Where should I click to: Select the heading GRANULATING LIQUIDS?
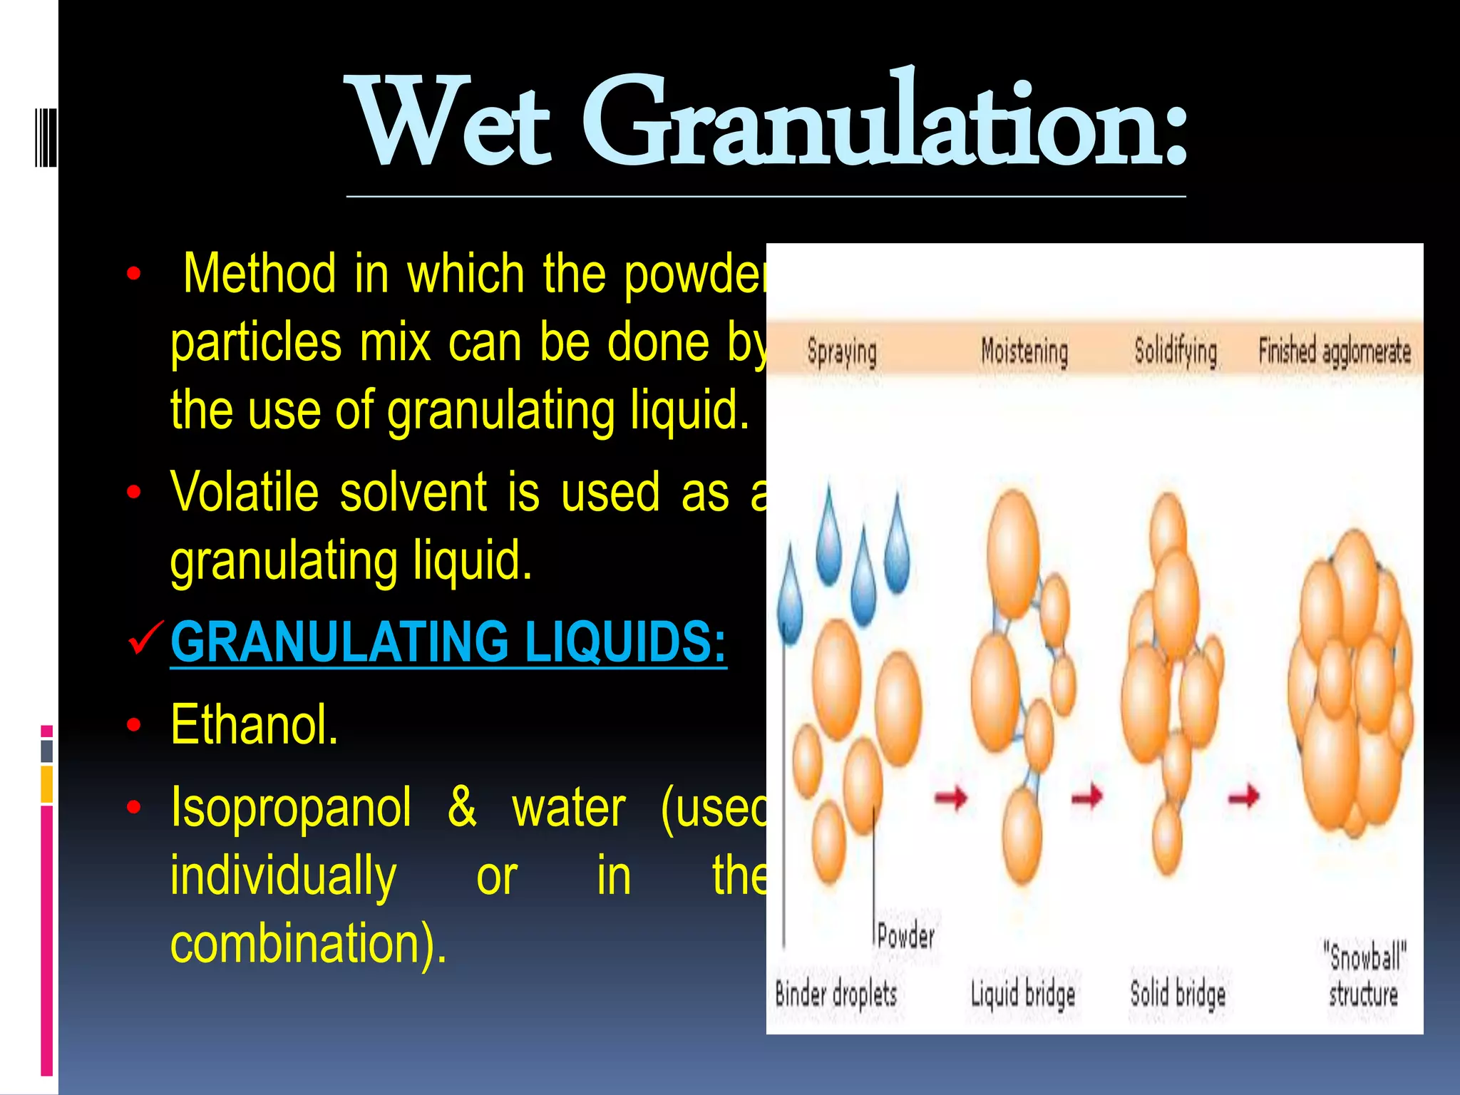[x=448, y=642]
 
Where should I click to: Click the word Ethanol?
[x=255, y=725]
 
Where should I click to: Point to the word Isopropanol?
[x=291, y=808]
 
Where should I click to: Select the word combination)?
[x=309, y=943]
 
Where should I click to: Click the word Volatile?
[x=244, y=492]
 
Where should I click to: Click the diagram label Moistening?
[x=1024, y=351]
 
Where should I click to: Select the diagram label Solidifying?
[x=1176, y=351]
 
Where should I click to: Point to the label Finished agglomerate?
[x=1335, y=351]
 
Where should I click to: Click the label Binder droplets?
[x=836, y=994]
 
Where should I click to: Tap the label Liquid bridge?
[x=1023, y=994]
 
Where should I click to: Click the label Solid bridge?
[x=1178, y=994]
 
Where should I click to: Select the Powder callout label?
[x=905, y=936]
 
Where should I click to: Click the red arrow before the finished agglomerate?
[x=1243, y=796]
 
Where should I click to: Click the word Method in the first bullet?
[x=259, y=273]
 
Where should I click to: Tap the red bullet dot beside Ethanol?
[x=133, y=725]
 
